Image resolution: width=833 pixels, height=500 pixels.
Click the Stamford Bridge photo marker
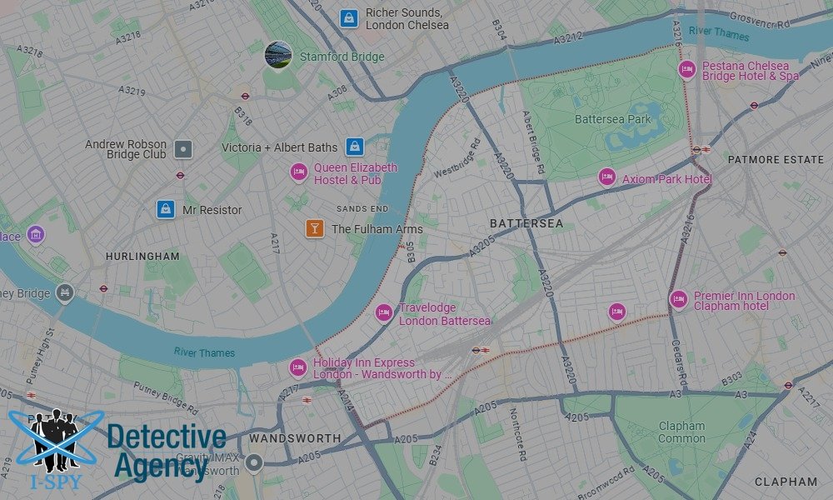pos(278,55)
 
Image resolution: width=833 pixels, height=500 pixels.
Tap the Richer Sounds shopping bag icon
pos(350,17)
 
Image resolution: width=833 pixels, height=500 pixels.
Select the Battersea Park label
pos(612,119)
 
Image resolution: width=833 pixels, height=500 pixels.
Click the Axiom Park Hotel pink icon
pos(607,177)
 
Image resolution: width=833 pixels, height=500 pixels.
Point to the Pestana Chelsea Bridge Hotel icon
pos(687,69)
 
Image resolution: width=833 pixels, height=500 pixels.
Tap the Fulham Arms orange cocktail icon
pos(315,227)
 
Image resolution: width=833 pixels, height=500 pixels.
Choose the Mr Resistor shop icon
pos(167,209)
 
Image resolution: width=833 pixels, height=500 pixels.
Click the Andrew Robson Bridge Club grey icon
pos(183,150)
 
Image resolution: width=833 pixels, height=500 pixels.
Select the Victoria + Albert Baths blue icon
pos(355,147)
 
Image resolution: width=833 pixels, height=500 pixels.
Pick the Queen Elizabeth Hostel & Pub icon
pos(299,172)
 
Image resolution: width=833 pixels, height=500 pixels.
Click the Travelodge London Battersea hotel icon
pos(383,312)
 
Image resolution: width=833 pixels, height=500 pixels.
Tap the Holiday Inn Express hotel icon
pos(298,367)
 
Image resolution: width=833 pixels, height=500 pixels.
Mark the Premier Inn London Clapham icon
pos(679,299)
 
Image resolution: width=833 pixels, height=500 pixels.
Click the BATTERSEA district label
pos(526,223)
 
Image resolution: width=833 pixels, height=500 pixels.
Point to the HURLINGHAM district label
pos(142,257)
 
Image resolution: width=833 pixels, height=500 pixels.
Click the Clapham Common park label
pos(681,432)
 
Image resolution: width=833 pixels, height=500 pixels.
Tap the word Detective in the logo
pos(167,437)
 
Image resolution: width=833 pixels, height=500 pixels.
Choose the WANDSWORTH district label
pos(295,438)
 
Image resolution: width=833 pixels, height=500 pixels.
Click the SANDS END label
pos(362,208)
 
